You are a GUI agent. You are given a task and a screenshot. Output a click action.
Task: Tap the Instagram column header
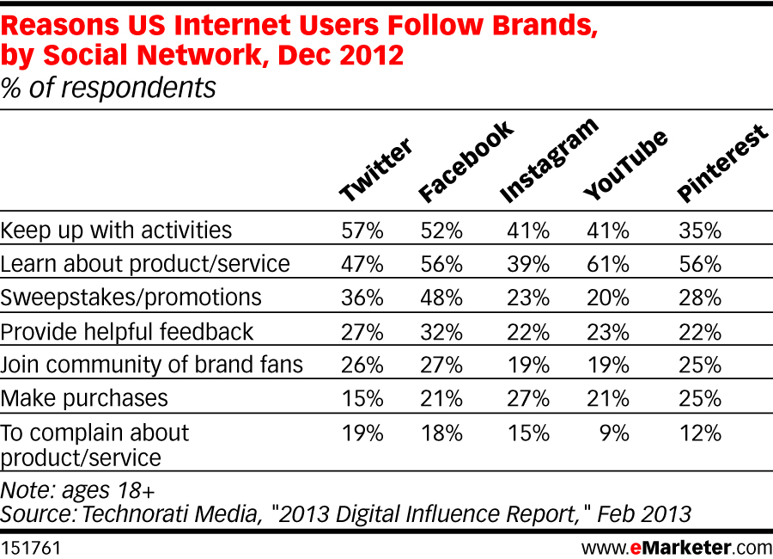548,163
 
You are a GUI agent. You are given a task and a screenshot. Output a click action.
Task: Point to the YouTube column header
624,167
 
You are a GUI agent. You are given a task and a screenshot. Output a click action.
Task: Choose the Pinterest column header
721,164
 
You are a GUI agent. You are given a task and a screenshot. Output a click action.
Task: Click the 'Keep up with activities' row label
117,230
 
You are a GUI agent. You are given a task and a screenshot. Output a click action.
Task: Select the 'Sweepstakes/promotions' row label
131,298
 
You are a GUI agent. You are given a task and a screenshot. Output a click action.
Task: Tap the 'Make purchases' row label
84,398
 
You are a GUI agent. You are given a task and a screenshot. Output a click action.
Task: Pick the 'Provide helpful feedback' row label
127,331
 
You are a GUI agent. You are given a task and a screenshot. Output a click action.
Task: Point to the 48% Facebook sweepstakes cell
442,298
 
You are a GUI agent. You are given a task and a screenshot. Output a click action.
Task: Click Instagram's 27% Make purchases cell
528,398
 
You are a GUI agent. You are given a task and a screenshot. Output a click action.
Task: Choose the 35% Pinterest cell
700,230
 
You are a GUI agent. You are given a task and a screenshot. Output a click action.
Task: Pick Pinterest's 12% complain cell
700,433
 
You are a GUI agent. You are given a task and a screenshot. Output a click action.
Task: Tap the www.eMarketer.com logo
676,547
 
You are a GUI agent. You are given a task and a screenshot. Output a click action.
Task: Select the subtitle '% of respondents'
108,87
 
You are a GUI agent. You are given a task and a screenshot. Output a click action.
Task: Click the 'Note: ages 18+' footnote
78,490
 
